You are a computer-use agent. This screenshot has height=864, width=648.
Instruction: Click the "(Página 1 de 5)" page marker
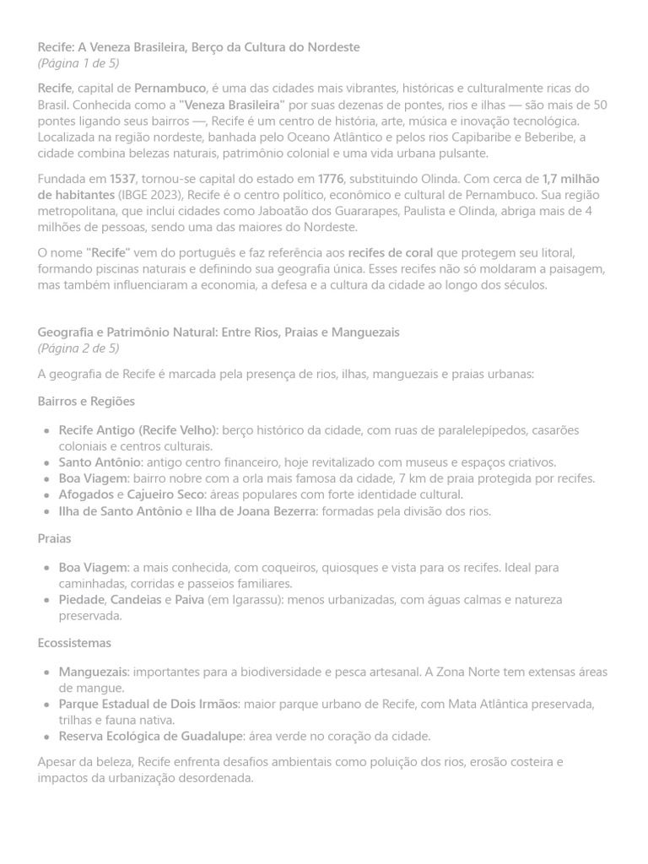point(78,63)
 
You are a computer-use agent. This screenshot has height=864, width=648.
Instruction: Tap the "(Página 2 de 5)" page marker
point(78,348)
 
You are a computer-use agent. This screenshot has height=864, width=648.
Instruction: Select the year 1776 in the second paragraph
point(331,179)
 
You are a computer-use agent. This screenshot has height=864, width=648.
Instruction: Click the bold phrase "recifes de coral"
point(391,252)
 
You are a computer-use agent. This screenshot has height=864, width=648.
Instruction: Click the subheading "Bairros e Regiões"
point(86,401)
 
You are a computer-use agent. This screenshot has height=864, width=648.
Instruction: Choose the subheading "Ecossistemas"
point(74,643)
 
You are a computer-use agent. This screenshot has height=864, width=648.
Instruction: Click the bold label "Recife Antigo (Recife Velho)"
point(138,430)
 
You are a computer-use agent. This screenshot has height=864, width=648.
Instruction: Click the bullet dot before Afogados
point(46,495)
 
